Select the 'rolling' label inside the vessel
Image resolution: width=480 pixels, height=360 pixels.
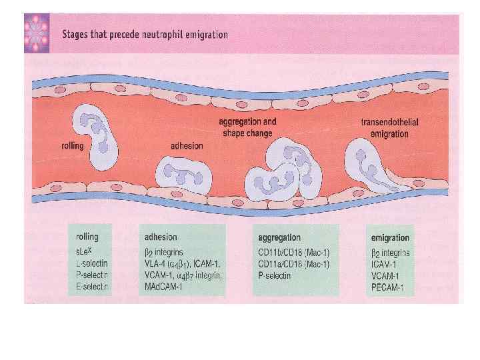coord(72,145)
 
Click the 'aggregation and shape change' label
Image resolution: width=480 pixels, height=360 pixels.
coord(247,127)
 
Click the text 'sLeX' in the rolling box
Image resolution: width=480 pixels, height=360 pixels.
coord(85,252)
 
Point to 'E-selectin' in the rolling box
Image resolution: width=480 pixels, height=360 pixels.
coord(93,286)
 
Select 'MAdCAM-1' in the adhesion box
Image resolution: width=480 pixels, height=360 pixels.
coord(163,287)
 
